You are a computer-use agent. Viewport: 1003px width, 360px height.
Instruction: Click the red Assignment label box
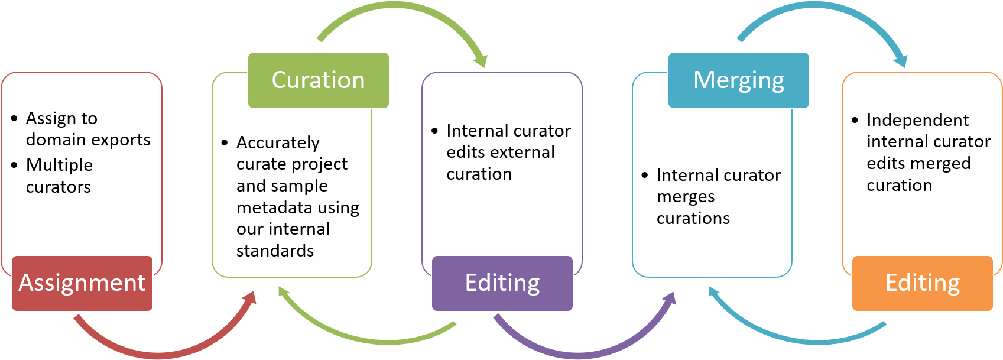tap(82, 283)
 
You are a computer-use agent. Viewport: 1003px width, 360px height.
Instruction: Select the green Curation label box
tap(319, 80)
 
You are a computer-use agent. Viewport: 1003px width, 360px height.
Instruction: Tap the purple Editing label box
tap(502, 283)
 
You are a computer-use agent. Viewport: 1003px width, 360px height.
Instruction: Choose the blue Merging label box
tap(739, 80)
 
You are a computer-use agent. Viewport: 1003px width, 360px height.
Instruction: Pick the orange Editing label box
tap(923, 283)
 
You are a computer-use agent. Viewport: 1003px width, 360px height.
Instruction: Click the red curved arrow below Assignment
tap(160, 350)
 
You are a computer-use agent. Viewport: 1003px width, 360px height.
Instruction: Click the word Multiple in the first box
tap(59, 165)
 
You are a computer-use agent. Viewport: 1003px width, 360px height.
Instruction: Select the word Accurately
tap(278, 142)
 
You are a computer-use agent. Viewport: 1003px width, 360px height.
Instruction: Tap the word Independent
tap(917, 120)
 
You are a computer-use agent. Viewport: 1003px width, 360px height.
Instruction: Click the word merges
tap(686, 197)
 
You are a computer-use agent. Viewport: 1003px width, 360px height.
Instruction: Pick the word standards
tap(275, 251)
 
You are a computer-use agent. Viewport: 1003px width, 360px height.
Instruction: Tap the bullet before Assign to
tap(15, 118)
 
